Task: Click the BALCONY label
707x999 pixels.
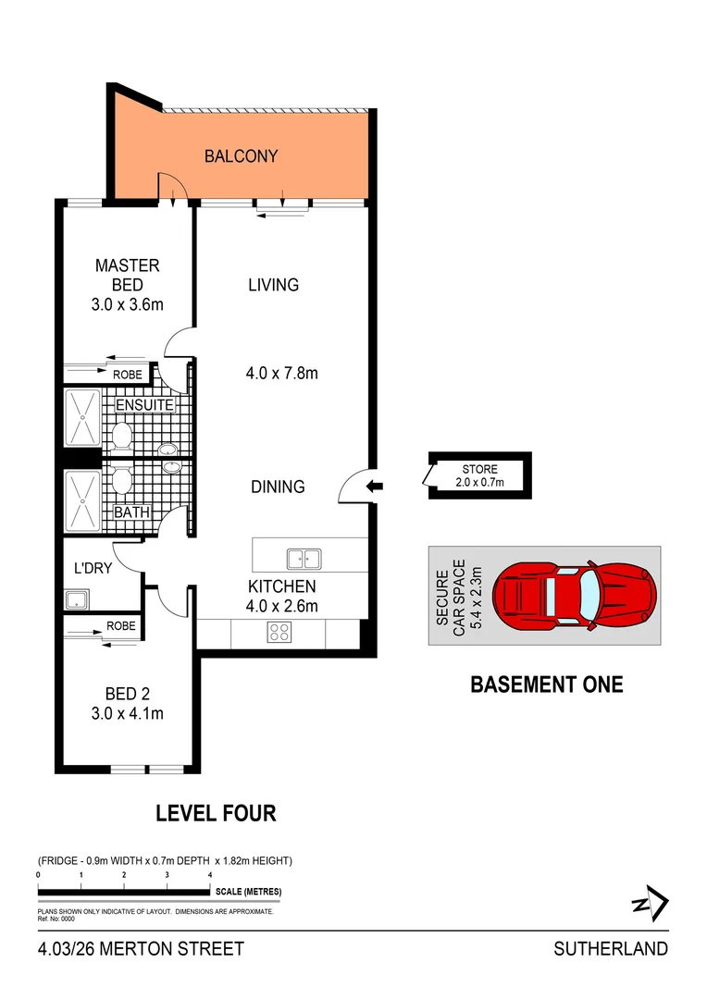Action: click(241, 156)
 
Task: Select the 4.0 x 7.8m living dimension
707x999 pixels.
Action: click(283, 374)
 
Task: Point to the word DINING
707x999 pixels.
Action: click(278, 487)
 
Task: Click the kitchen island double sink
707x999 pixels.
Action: click(304, 558)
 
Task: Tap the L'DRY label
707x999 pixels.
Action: click(93, 568)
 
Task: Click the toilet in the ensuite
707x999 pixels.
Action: click(119, 436)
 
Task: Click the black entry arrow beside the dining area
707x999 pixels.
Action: click(374, 487)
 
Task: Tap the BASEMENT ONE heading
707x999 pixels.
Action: click(547, 684)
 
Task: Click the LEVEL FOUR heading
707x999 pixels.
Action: click(215, 813)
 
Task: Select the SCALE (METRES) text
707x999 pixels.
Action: click(248, 892)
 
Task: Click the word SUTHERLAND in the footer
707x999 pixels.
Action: click(610, 948)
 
